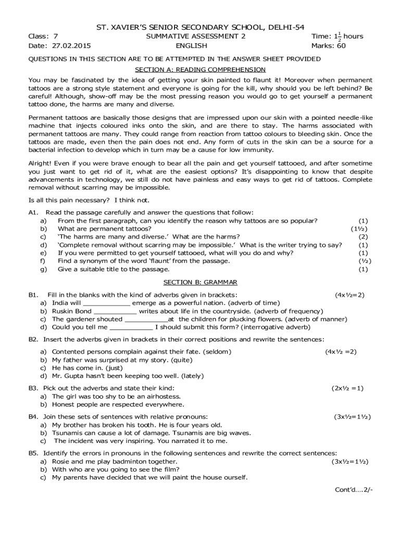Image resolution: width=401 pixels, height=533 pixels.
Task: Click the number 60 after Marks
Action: point(341,46)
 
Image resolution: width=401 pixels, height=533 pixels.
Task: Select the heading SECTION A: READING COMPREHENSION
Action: point(200,69)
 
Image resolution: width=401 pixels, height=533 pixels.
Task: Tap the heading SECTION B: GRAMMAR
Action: point(200,282)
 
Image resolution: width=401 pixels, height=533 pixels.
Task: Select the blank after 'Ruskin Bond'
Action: point(115,311)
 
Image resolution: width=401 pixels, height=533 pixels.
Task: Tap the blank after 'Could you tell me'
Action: point(131,327)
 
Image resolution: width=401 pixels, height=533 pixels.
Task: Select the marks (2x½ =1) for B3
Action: point(347,388)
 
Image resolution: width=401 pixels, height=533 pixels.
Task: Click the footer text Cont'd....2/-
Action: point(354,490)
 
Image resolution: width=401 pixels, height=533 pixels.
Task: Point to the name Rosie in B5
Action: point(62,462)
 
